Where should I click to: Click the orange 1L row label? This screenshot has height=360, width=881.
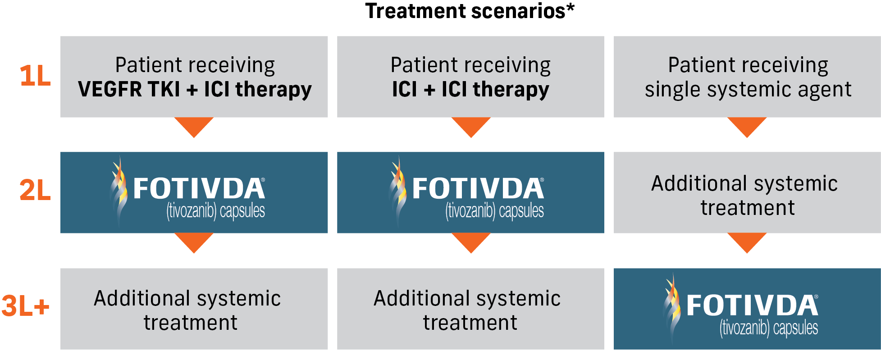[35, 76]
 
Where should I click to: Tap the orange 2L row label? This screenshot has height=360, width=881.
[35, 191]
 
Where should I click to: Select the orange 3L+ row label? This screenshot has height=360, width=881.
[25, 306]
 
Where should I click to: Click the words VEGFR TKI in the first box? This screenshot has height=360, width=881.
[129, 89]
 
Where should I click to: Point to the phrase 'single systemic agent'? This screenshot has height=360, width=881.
[748, 89]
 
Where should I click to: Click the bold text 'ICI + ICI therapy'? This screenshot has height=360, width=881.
[470, 89]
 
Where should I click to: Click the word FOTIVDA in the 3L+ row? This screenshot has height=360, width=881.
[752, 306]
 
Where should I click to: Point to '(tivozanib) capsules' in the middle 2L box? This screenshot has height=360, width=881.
[494, 211]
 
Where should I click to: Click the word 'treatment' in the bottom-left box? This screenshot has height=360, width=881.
[190, 323]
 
